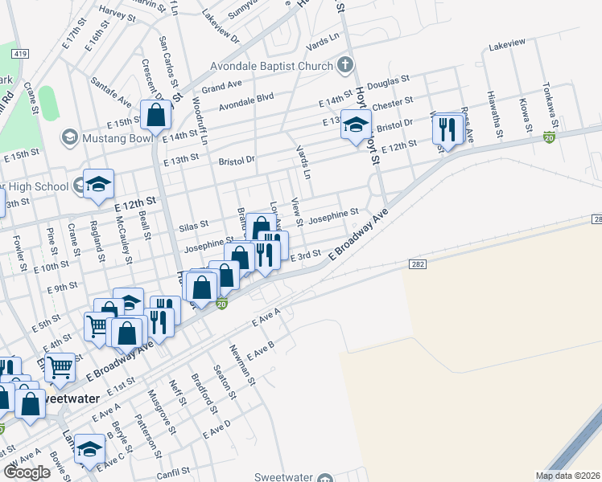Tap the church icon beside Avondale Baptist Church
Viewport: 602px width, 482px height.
coord(344,63)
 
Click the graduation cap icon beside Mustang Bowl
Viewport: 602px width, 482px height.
coord(69,137)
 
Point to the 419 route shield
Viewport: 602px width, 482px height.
coord(19,53)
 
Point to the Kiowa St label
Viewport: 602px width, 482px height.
coord(526,116)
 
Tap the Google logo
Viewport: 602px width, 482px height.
coord(27,472)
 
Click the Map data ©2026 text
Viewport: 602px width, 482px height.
coord(567,476)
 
